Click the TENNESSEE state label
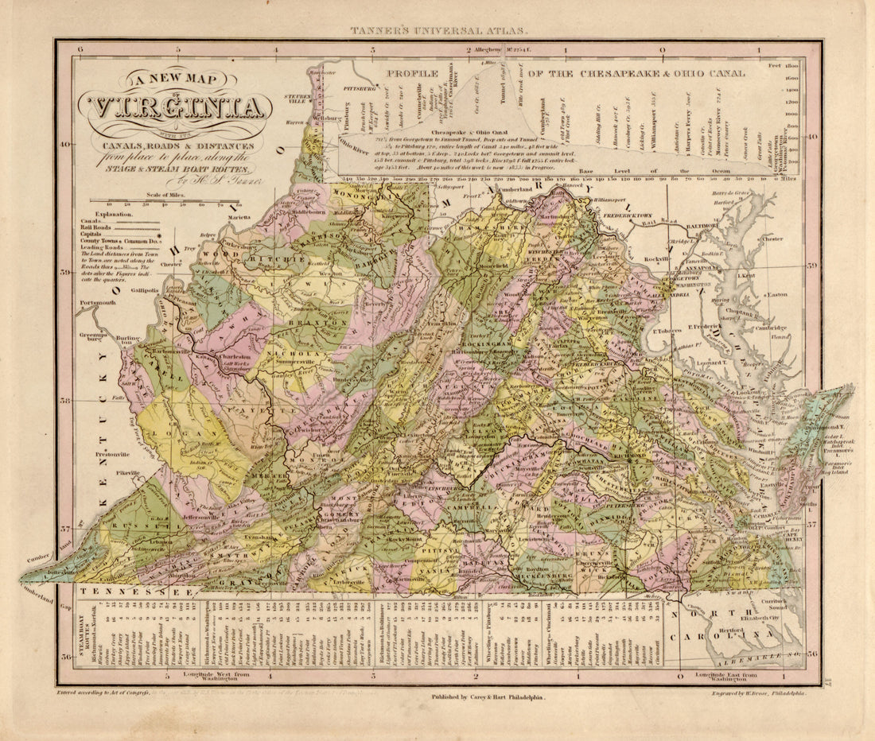click(135, 593)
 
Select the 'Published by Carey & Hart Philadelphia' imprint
click(488, 696)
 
